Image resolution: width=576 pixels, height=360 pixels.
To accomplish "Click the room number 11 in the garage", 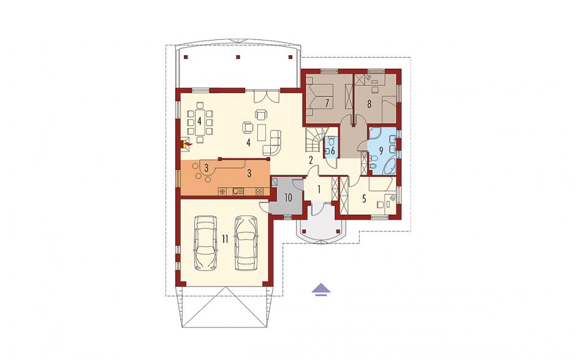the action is (225, 239).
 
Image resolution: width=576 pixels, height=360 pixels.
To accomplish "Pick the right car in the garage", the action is (246, 242).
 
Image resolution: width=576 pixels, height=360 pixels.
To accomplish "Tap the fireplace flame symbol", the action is (187, 144).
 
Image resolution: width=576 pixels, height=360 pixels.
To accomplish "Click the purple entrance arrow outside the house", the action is (321, 289).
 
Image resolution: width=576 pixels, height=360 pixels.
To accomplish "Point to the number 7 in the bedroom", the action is (327, 103).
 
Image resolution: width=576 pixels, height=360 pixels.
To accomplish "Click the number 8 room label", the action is (369, 104).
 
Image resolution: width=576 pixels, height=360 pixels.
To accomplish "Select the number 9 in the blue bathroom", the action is (381, 150).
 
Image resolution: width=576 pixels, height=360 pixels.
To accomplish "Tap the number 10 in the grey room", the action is (288, 198).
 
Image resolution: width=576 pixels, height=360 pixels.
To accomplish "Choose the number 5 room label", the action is (364, 199).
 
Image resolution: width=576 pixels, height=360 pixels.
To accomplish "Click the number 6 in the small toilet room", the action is (333, 150).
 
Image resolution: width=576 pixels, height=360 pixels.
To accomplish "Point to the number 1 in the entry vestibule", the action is (319, 190).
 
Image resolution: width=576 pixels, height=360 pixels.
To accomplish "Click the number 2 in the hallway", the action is (311, 160).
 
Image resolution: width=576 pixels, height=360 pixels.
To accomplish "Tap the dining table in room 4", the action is (200, 121).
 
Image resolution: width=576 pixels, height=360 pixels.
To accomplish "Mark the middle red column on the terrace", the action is (238, 57).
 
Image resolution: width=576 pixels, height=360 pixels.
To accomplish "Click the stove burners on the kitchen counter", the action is (259, 191).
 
